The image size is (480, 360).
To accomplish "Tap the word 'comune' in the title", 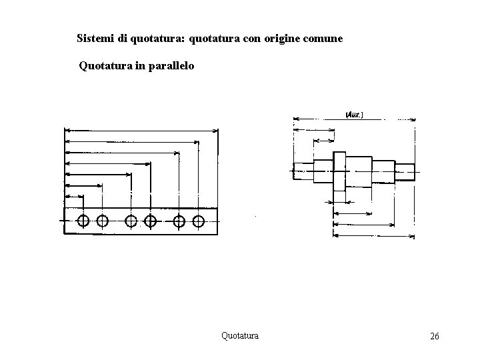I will pyautogui.click(x=323, y=39).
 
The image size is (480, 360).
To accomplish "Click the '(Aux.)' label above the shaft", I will pyautogui.click(x=354, y=115).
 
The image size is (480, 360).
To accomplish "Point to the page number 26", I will pyautogui.click(x=434, y=336).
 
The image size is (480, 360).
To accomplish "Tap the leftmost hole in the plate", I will pyautogui.click(x=83, y=221).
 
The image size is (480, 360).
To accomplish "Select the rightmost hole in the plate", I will pyautogui.click(x=198, y=221).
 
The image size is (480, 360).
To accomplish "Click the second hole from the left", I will pyautogui.click(x=102, y=221).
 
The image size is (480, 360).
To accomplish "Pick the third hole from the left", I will pyautogui.click(x=131, y=221).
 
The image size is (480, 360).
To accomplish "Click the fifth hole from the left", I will pyautogui.click(x=179, y=221).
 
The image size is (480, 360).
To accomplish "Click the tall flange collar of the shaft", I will pyautogui.click(x=339, y=171).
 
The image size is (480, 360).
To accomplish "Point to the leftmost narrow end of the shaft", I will pyautogui.click(x=303, y=171).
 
